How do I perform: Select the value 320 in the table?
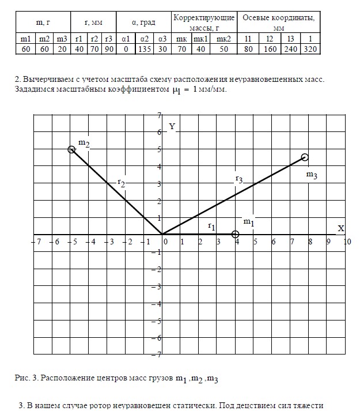(x=310, y=50)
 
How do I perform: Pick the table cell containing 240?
(x=290, y=50)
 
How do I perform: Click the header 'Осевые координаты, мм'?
(x=279, y=22)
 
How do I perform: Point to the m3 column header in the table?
(x=62, y=39)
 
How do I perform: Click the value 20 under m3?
(x=62, y=50)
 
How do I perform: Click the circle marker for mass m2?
(x=71, y=149)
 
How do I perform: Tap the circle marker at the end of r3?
(x=305, y=157)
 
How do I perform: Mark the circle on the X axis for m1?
(x=235, y=234)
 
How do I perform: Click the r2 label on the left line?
(x=121, y=182)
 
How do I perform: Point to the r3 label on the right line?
(x=238, y=179)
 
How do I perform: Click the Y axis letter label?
(x=172, y=126)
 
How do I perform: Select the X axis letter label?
(x=340, y=228)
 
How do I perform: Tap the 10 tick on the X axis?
(x=347, y=242)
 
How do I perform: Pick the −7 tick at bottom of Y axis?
(x=156, y=355)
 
